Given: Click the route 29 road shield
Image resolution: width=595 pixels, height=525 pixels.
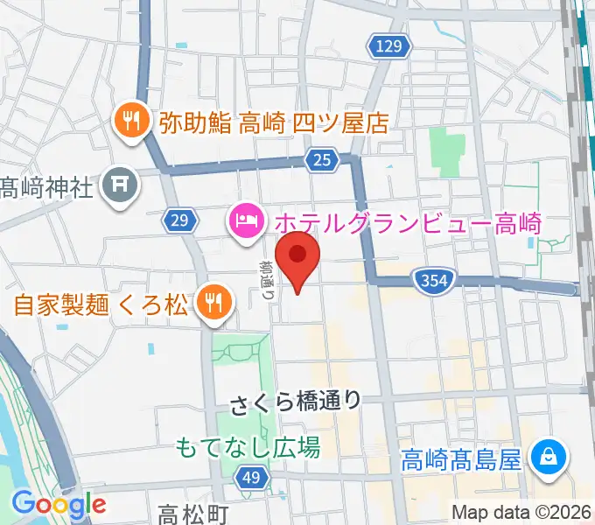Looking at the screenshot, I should point(178,222).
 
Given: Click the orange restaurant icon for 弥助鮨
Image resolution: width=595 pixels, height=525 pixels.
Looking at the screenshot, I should point(131,121).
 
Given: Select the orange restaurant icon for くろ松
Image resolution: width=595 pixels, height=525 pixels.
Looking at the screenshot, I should point(212,304).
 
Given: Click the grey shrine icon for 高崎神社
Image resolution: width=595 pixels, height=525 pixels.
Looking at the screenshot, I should point(117,185).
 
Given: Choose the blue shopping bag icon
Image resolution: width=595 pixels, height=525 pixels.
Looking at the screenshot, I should point(551,457).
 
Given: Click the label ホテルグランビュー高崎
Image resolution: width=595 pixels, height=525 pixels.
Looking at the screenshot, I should point(408,222).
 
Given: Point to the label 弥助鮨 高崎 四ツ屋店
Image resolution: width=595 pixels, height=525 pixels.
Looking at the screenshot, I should point(273,122).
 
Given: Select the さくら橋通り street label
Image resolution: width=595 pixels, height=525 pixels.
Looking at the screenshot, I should point(296,402).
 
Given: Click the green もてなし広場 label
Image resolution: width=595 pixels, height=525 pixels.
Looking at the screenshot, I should point(248,447).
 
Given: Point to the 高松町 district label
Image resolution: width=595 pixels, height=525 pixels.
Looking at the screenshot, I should point(193,512).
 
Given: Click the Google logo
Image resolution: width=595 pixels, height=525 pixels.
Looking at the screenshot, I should point(59,504).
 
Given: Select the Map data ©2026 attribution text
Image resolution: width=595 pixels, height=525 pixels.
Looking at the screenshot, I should point(521,512).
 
